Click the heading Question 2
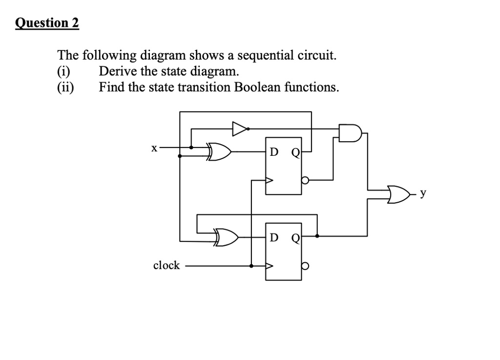pos(47,23)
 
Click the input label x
pos(154,147)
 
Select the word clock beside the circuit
pos(167,265)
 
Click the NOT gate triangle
pos(239,129)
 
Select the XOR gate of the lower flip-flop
pos(226,236)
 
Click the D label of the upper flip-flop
pos(274,152)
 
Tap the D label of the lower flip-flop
pos(274,238)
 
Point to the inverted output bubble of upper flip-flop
pos(305,180)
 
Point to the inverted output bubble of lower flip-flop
pos(305,267)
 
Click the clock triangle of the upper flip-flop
pos(269,180)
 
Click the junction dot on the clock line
pos(251,266)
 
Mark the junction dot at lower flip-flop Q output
pos(317,236)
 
